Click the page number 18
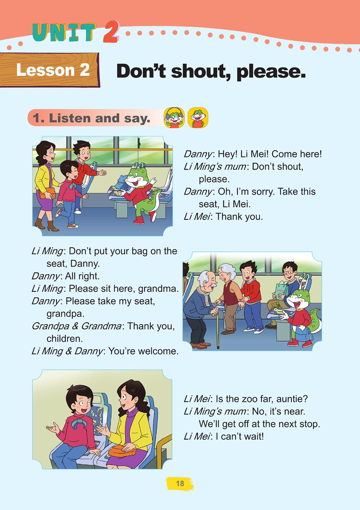pos(180,483)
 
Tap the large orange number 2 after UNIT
pos(111,32)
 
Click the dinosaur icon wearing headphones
pos(174,117)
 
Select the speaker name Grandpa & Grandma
pos(76,326)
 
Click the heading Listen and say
pos(92,118)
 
